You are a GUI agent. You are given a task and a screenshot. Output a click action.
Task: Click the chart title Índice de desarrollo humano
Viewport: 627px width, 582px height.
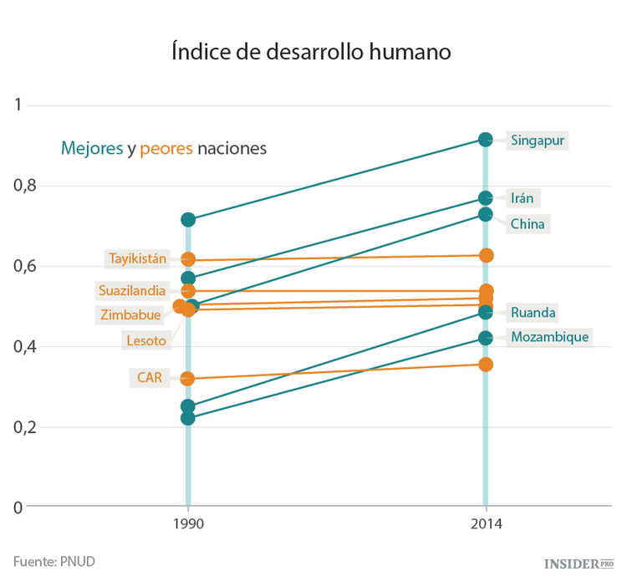tap(312, 51)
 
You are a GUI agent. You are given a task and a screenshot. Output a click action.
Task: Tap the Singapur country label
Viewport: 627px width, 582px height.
tap(538, 140)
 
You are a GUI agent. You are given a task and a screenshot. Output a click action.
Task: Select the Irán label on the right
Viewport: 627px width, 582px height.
tap(522, 198)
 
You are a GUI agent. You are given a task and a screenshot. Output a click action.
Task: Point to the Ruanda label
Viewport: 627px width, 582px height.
tap(533, 313)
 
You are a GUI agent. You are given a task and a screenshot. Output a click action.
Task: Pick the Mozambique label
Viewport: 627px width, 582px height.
tap(549, 337)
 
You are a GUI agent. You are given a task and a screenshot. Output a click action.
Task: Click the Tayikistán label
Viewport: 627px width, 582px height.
tap(139, 258)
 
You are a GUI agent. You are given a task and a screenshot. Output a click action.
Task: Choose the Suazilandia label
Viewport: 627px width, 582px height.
tap(132, 291)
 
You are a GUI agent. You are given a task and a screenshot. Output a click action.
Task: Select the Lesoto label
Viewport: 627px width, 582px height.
tap(145, 340)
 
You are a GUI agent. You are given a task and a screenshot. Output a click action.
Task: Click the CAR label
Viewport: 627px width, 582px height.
tap(149, 377)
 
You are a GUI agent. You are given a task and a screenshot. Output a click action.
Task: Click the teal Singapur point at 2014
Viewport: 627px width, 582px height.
tap(486, 139)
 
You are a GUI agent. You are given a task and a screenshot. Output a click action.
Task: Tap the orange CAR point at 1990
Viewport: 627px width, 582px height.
tap(188, 379)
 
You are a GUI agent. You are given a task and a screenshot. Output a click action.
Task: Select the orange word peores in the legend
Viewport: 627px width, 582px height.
tap(166, 149)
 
